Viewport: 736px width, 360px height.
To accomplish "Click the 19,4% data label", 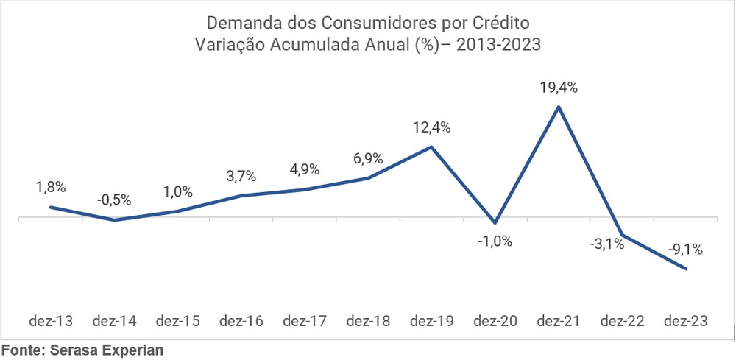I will (x=559, y=88).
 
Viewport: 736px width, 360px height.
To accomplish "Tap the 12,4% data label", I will (x=432, y=127).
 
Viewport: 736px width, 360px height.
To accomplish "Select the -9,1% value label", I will (x=684, y=250).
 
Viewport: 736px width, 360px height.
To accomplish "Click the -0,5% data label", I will (x=114, y=200).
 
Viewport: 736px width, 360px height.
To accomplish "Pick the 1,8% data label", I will (x=51, y=188).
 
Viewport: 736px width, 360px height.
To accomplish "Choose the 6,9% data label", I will (x=368, y=158).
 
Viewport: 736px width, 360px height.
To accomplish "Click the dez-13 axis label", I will (x=51, y=321).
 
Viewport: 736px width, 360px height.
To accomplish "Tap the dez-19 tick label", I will (x=432, y=321).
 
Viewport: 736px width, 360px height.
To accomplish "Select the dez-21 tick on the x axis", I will (x=559, y=321).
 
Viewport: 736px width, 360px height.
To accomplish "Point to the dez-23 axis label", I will (x=685, y=321).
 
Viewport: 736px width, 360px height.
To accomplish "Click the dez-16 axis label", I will (x=241, y=321).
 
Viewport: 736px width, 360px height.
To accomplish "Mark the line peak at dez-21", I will (x=559, y=107).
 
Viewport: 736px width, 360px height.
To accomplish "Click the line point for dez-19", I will (x=432, y=147).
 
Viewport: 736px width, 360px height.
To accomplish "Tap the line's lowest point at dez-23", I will (x=686, y=269).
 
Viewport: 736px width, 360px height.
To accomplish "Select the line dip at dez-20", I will (x=495, y=222).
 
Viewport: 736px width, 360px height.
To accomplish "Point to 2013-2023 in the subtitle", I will (x=499, y=43).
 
